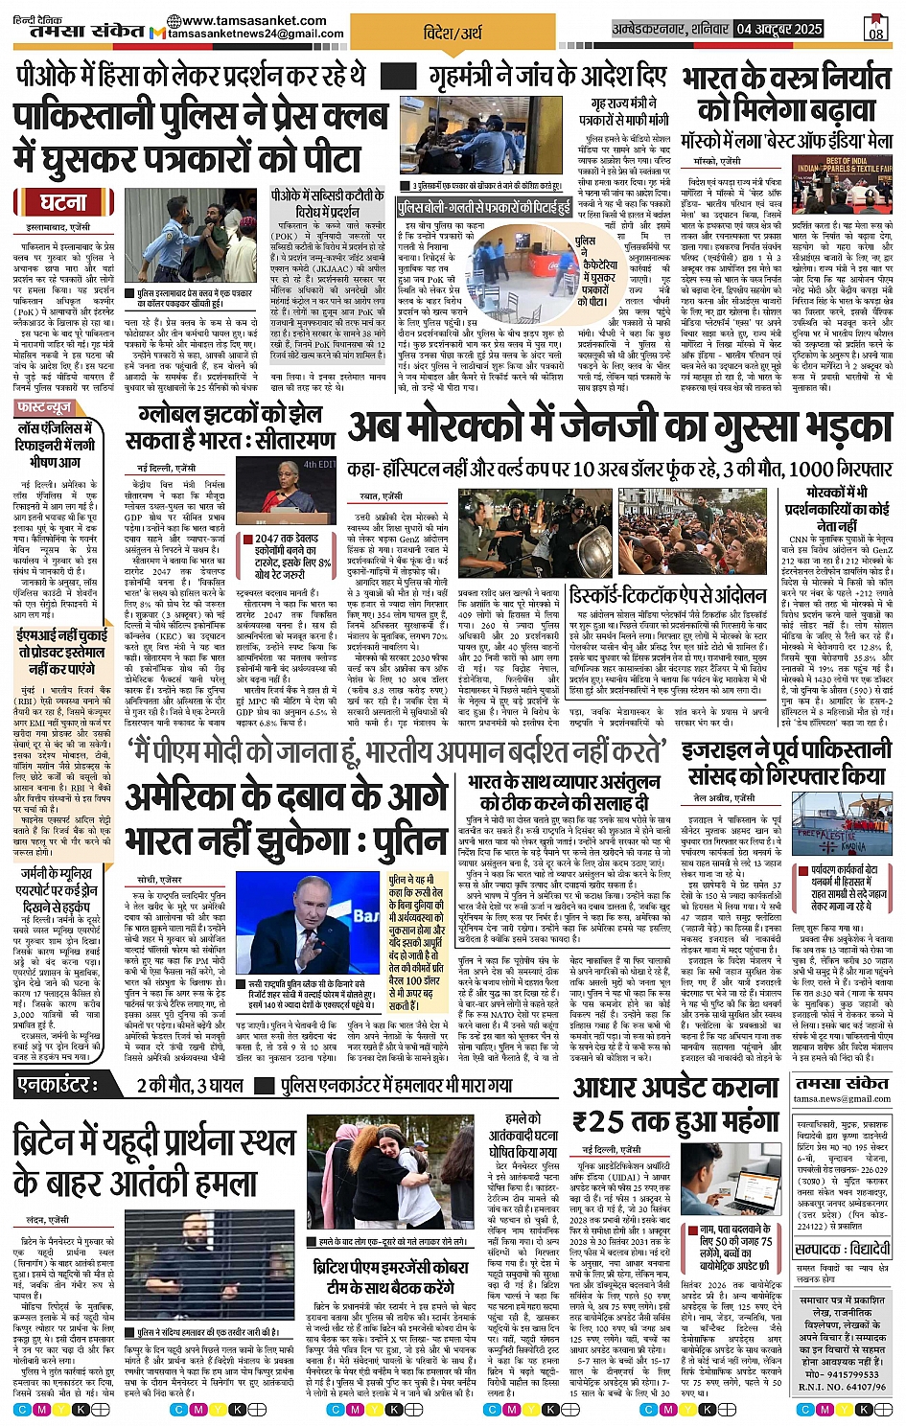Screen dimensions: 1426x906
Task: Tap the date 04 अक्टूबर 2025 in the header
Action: (x=779, y=29)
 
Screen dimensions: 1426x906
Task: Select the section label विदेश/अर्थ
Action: (x=453, y=33)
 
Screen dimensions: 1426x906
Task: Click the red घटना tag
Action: (x=62, y=202)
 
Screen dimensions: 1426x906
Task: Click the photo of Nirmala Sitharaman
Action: (x=297, y=488)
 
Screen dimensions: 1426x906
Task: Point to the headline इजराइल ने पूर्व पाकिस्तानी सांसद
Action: (x=787, y=762)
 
